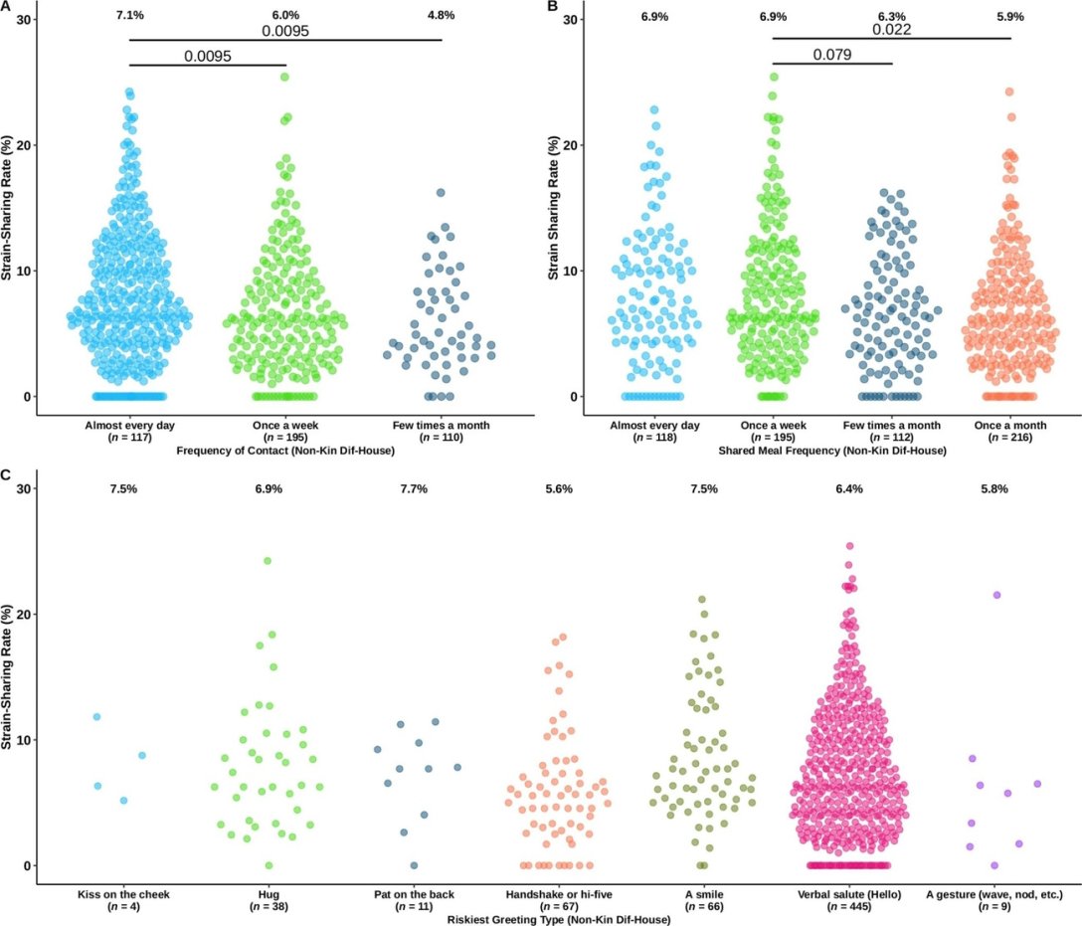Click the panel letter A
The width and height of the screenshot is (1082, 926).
tap(6, 7)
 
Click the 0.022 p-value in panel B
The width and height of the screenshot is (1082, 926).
tap(892, 30)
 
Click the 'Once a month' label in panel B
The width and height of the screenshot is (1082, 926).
tap(1010, 426)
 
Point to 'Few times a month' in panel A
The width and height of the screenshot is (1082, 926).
tap(442, 426)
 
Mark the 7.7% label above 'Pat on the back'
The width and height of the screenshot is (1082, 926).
tap(414, 490)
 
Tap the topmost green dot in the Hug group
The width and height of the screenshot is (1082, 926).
tap(268, 561)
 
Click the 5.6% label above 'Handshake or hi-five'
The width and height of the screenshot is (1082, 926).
tap(559, 490)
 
